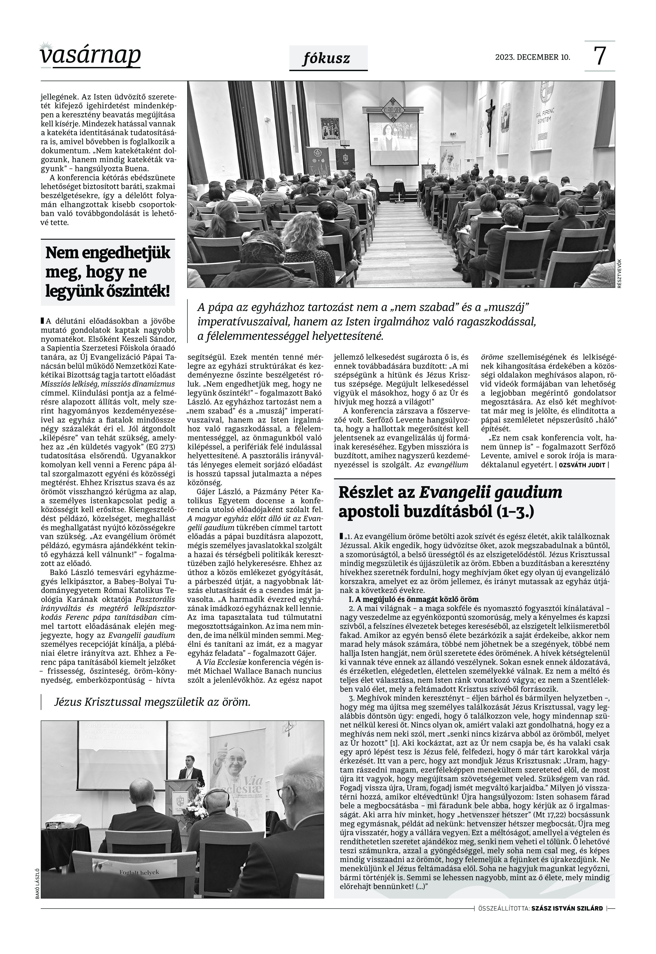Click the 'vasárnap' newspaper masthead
(90, 56)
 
